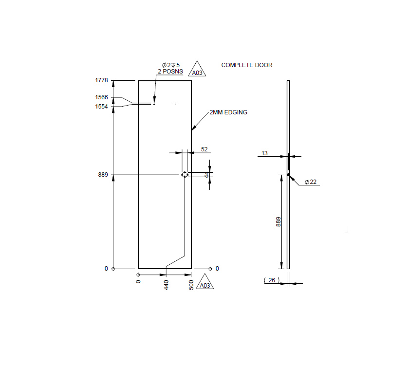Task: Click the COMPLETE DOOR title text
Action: (x=247, y=65)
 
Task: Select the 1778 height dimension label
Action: (x=101, y=80)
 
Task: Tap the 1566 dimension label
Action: (x=101, y=97)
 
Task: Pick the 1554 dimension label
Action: (x=101, y=106)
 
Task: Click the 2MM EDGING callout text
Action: (x=228, y=112)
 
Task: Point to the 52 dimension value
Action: (x=204, y=149)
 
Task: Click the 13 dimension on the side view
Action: (x=264, y=153)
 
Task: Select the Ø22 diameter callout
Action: (x=311, y=182)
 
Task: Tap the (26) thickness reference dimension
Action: (x=271, y=280)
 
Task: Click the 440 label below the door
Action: (x=166, y=285)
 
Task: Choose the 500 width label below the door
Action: (x=191, y=285)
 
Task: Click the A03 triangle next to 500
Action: (x=205, y=285)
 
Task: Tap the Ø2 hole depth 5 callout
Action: (x=170, y=65)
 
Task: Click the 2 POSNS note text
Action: (x=170, y=72)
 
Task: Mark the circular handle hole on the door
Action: (x=185, y=175)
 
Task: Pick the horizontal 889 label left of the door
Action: (x=103, y=175)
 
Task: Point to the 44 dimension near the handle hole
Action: (x=206, y=174)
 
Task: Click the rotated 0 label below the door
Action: (x=138, y=281)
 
